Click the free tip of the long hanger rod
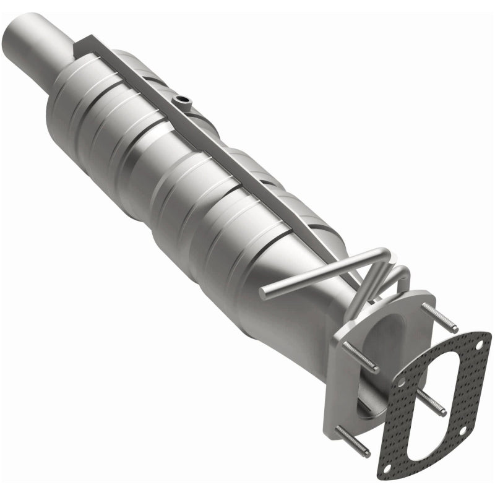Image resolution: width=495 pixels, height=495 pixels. (x=262, y=291)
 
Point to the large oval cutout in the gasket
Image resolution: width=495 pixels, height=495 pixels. (x=433, y=396)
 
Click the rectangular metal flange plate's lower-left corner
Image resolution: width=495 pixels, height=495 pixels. (x=331, y=427)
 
